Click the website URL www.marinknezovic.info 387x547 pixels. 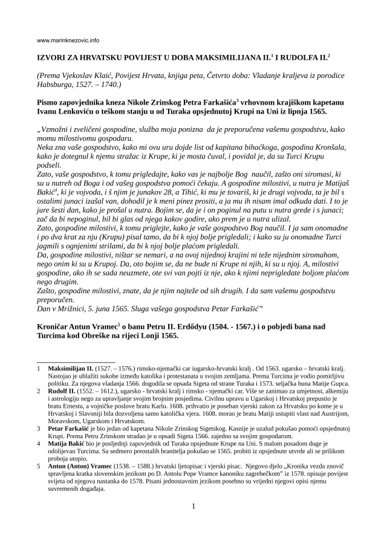[x=68, y=41]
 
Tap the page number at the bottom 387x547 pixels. [x=193, y=522]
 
